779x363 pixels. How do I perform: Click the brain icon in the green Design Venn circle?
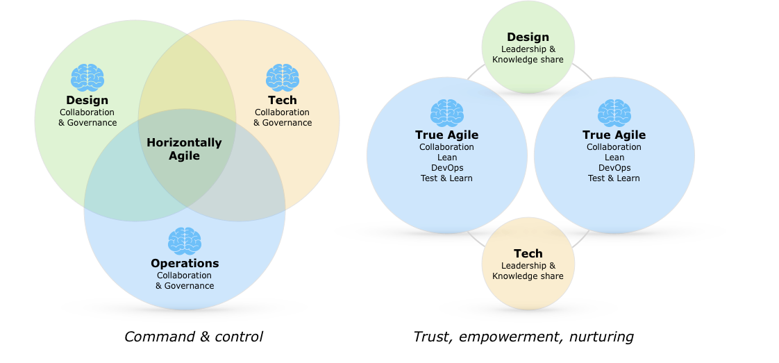[87, 77]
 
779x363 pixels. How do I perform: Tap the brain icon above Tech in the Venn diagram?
[283, 77]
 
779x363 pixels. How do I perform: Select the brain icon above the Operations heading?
[185, 241]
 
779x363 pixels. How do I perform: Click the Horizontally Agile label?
[184, 149]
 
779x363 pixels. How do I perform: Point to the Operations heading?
[185, 264]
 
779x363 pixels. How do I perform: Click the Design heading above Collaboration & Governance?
[87, 101]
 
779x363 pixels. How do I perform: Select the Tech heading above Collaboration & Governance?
[283, 101]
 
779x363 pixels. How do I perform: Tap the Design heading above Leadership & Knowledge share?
[528, 37]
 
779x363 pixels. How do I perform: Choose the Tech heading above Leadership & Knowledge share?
[528, 254]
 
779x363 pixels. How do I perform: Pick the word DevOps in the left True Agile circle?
[446, 168]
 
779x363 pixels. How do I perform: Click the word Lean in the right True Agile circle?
[614, 158]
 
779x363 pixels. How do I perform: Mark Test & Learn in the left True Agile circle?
[446, 178]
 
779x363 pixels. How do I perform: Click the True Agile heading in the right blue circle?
[614, 135]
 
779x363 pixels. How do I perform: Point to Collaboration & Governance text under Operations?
[185, 280]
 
